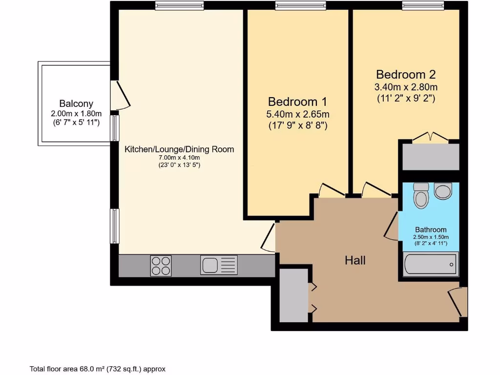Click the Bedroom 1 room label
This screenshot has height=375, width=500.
pyautogui.click(x=297, y=102)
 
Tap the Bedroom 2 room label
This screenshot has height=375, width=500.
pyautogui.click(x=406, y=75)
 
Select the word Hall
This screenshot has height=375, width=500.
pyautogui.click(x=355, y=260)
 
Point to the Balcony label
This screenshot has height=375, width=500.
pyautogui.click(x=76, y=104)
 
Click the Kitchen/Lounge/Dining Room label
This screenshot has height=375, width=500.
pyautogui.click(x=179, y=149)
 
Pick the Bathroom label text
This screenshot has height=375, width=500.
pyautogui.click(x=431, y=229)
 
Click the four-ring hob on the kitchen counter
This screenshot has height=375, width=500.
pyautogui.click(x=161, y=266)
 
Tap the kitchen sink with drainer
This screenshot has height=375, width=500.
pyautogui.click(x=219, y=265)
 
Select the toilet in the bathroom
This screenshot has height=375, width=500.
pyautogui.click(x=420, y=196)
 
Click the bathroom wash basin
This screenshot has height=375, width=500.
pyautogui.click(x=443, y=191)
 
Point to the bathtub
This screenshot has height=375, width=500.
pyautogui.click(x=431, y=264)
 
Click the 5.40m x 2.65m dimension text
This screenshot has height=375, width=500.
pyautogui.click(x=297, y=115)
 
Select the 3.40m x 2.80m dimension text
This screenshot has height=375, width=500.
pyautogui.click(x=406, y=87)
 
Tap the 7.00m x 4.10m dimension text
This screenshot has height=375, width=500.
pyautogui.click(x=179, y=158)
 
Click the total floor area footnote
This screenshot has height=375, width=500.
pyautogui.click(x=98, y=369)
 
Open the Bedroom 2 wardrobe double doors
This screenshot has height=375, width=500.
pyautogui.click(x=430, y=138)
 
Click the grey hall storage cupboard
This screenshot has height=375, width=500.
pyautogui.click(x=292, y=297)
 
